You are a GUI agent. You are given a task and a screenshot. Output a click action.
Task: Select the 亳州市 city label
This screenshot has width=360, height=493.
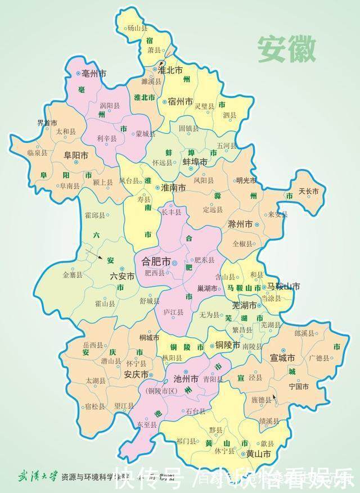coord(94,73)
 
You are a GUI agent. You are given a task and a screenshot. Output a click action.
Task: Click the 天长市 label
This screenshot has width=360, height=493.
coord(308,191)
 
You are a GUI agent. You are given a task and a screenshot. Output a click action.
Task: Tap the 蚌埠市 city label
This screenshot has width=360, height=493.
coord(195,161)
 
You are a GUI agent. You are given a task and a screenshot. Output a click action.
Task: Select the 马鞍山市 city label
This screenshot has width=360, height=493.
coord(283,287)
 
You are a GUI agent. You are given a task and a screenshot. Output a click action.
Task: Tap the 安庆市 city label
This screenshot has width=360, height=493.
coord(136,375)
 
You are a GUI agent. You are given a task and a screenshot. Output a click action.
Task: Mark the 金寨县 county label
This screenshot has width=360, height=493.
coord(72,275)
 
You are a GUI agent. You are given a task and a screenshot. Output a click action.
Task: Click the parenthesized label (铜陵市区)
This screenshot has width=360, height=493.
coord(161,390)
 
